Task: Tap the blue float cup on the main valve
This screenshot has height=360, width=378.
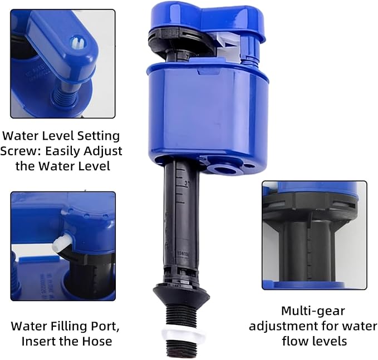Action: coord(206,117)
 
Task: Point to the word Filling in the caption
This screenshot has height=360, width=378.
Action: coord(65,326)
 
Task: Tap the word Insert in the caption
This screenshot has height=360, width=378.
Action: coord(39,341)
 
